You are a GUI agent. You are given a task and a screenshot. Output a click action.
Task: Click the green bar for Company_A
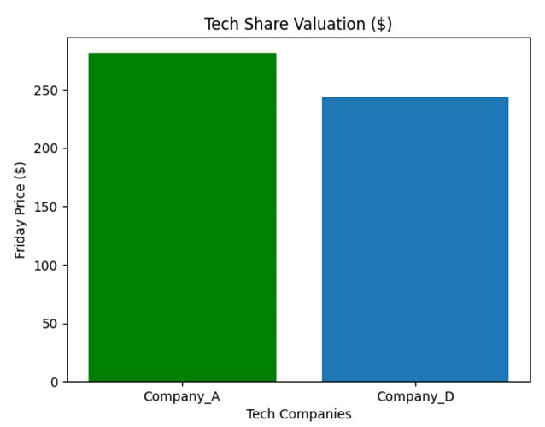click(x=182, y=217)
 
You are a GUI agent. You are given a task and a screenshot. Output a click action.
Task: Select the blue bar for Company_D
click(x=415, y=239)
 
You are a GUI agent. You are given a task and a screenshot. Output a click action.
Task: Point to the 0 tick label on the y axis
click(x=55, y=382)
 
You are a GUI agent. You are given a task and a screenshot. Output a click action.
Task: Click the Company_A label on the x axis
click(x=182, y=396)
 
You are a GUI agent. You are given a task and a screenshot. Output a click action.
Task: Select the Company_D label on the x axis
click(x=415, y=396)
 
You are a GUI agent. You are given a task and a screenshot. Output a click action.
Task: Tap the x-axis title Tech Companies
click(x=298, y=414)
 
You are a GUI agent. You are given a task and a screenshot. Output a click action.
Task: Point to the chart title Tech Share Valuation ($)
click(x=298, y=24)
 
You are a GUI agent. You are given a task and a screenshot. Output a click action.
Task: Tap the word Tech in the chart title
click(x=220, y=24)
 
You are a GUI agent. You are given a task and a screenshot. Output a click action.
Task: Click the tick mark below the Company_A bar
click(x=182, y=384)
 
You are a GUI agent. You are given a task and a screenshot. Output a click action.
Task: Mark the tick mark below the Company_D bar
click(x=415, y=384)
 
